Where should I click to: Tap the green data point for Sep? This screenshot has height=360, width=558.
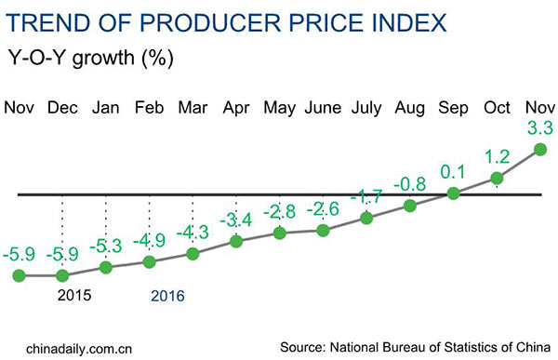453,193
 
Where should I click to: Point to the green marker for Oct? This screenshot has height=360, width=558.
497,178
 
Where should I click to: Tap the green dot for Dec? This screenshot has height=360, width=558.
62,275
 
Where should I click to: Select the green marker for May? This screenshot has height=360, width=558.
280,233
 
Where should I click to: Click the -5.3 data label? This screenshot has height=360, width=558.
105,246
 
